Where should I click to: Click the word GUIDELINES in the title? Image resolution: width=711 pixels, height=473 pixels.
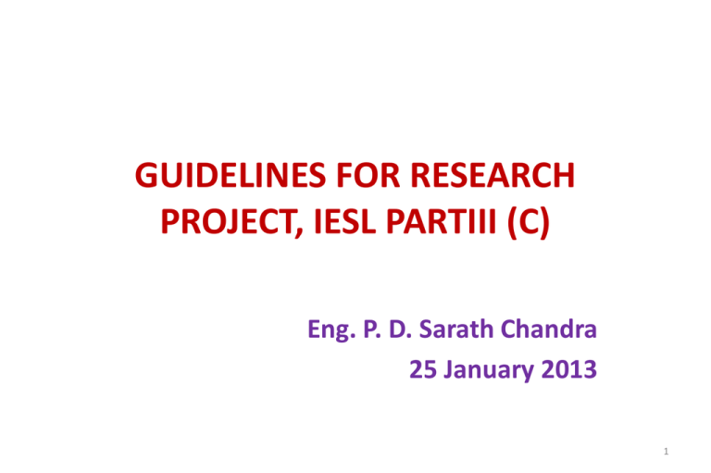click(x=231, y=175)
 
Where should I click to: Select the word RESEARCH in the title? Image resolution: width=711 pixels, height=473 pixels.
click(x=493, y=175)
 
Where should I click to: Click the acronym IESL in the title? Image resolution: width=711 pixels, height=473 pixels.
click(x=344, y=221)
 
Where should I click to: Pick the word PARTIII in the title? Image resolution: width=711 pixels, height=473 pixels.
click(x=442, y=221)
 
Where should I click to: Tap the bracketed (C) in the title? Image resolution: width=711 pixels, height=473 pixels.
click(x=529, y=223)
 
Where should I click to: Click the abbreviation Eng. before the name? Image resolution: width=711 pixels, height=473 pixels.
click(x=331, y=330)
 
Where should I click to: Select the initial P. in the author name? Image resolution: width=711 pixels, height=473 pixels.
click(x=372, y=329)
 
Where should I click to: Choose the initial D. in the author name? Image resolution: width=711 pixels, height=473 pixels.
click(x=400, y=329)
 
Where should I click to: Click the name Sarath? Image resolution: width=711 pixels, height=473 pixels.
click(x=456, y=329)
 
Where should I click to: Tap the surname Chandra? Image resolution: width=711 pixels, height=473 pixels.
click(x=549, y=329)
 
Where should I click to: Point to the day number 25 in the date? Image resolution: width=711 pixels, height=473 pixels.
click(x=423, y=369)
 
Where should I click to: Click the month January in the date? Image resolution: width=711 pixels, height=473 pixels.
click(x=489, y=371)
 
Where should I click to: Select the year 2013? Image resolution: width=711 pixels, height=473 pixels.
click(x=569, y=369)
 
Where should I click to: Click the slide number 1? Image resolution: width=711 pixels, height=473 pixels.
click(x=667, y=451)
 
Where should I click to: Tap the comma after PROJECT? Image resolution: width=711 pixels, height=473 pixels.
click(x=299, y=232)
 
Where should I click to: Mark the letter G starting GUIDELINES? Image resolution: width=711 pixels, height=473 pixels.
click(x=146, y=175)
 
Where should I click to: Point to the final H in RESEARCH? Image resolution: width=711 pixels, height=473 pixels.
click(x=565, y=175)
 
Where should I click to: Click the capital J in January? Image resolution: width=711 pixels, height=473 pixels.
click(x=448, y=369)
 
